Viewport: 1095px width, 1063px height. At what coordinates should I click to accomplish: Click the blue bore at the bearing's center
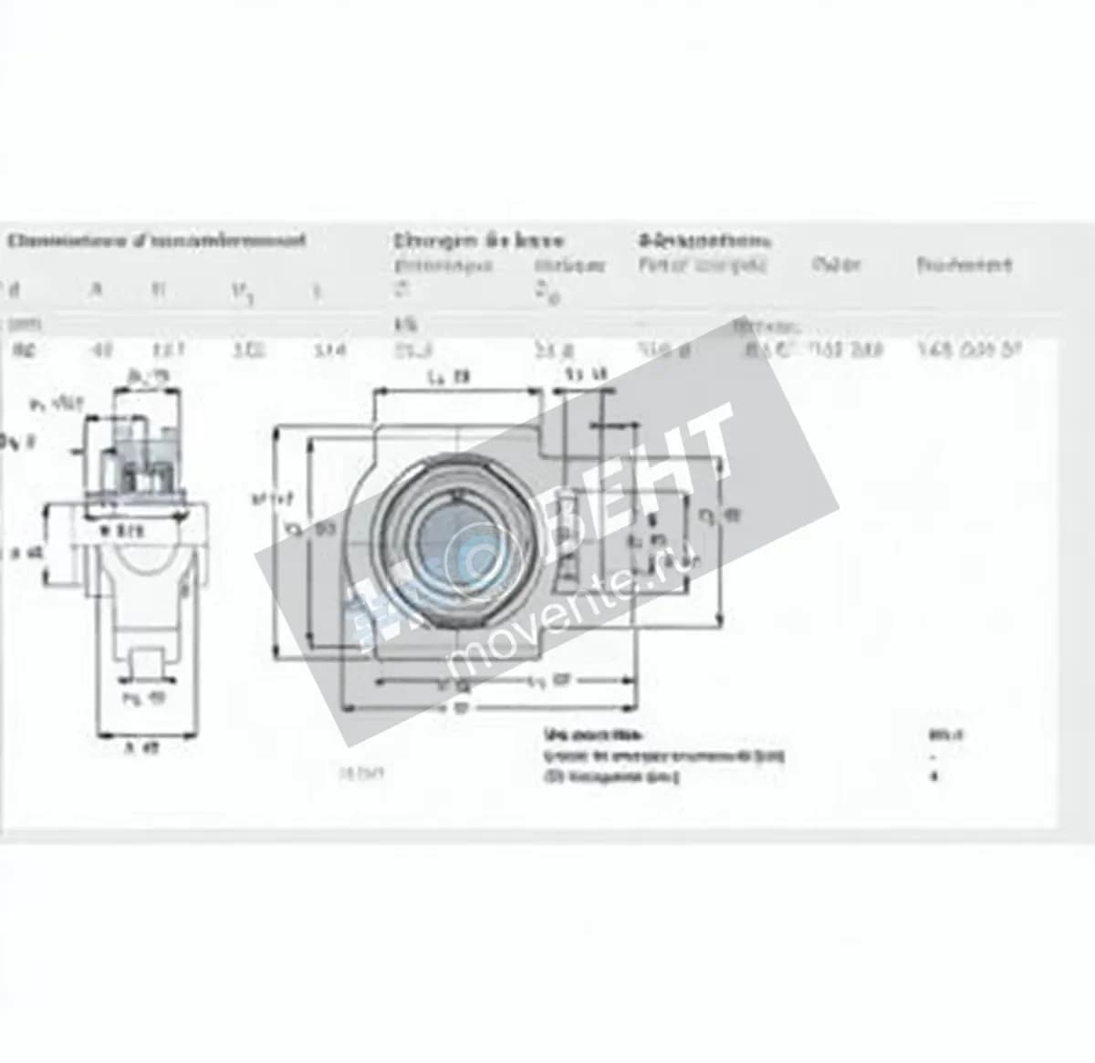click(x=454, y=537)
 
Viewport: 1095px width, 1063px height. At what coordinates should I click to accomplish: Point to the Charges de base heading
click(x=479, y=241)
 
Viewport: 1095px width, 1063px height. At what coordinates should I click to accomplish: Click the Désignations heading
click(x=704, y=241)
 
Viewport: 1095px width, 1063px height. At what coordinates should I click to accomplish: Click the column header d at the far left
click(x=13, y=290)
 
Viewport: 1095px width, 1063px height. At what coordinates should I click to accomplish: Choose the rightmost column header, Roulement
click(x=964, y=266)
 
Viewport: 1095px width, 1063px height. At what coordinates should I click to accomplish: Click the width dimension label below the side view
click(x=141, y=749)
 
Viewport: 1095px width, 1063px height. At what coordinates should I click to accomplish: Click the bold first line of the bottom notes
click(x=593, y=735)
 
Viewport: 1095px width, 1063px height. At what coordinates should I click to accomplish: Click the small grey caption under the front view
click(x=361, y=774)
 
